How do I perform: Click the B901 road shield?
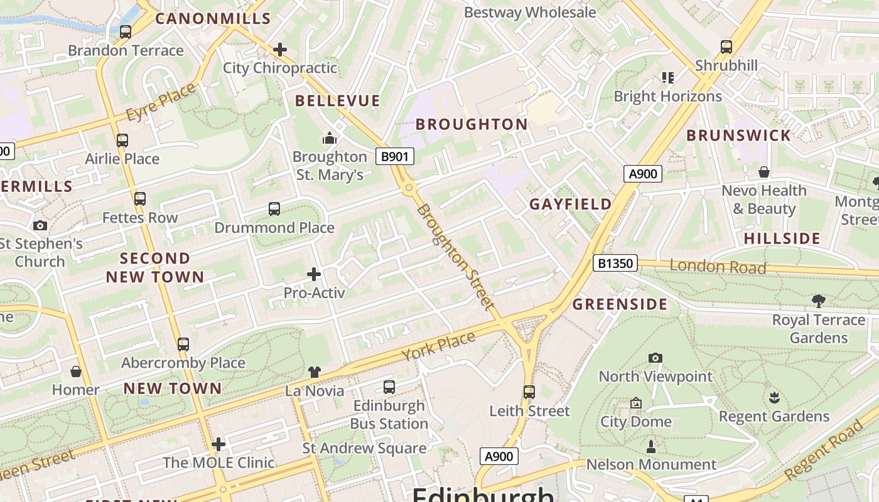click(395, 156)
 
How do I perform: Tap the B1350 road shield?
click(615, 264)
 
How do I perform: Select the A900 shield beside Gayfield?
click(643, 174)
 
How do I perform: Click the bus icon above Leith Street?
click(529, 392)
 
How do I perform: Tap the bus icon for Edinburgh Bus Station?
click(389, 387)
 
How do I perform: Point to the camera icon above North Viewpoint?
click(655, 358)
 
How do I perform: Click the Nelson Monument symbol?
click(651, 447)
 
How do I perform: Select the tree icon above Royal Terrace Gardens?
click(818, 301)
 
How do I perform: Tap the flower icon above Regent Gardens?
click(774, 398)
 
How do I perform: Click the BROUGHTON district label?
click(472, 124)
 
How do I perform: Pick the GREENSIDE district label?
click(620, 304)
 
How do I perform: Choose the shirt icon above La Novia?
click(315, 372)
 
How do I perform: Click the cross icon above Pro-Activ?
click(314, 274)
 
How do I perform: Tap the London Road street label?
click(718, 266)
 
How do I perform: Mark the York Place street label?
click(438, 346)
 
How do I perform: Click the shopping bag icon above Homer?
click(76, 371)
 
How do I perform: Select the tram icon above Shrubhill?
click(726, 46)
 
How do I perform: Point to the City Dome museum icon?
click(636, 403)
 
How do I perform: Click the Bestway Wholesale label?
click(530, 12)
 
